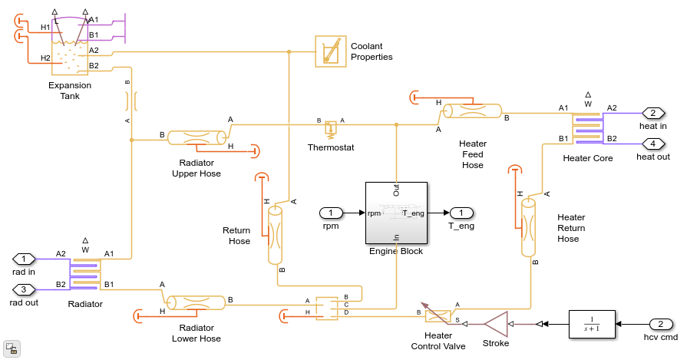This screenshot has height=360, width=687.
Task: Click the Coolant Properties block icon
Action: pyautogui.click(x=331, y=51)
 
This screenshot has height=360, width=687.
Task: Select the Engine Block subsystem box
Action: pyautogui.click(x=396, y=213)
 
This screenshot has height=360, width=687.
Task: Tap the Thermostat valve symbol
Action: pyautogui.click(x=331, y=126)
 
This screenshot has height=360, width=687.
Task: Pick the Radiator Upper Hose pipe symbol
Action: pyautogui.click(x=196, y=138)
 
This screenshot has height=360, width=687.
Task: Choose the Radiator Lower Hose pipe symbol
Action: pyautogui.click(x=196, y=302)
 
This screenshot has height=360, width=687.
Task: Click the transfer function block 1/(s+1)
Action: pyautogui.click(x=593, y=324)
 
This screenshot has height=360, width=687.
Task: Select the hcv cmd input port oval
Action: pyautogui.click(x=661, y=324)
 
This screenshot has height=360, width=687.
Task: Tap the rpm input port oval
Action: pyautogui.click(x=331, y=213)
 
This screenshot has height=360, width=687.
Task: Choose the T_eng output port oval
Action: pyautogui.click(x=461, y=213)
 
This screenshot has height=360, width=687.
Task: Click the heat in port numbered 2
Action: pyautogui.click(x=653, y=113)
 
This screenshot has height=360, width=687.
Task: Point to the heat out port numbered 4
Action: pyautogui.click(x=653, y=144)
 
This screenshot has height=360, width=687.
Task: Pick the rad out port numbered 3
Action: pyautogui.click(x=24, y=289)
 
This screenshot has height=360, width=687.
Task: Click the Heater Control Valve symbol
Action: pyautogui.click(x=438, y=315)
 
